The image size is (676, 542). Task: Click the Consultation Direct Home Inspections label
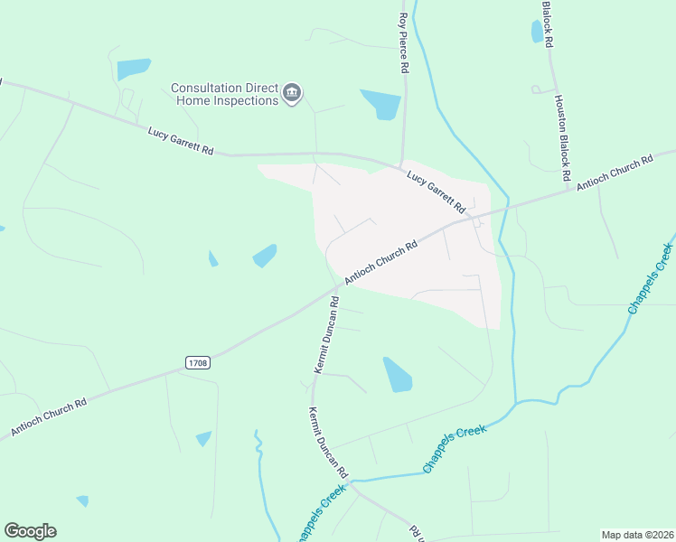click(x=225, y=94)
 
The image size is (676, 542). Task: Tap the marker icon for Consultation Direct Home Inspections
click(x=292, y=94)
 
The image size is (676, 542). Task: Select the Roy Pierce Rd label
click(x=404, y=43)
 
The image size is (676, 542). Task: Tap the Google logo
click(x=30, y=531)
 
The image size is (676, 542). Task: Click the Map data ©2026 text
click(x=637, y=535)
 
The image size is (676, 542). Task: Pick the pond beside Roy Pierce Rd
click(x=381, y=105)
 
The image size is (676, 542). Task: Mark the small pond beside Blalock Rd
click(x=538, y=32)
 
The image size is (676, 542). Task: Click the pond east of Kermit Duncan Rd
click(x=397, y=375)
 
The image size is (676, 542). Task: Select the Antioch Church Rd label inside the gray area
click(x=380, y=263)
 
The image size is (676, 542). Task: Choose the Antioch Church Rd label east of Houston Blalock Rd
click(x=615, y=173)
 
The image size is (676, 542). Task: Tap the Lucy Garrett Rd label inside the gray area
click(x=435, y=189)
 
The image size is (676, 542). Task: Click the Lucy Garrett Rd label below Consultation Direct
click(x=181, y=141)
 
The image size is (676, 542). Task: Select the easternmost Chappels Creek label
click(x=651, y=278)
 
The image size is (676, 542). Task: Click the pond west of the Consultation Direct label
click(x=133, y=69)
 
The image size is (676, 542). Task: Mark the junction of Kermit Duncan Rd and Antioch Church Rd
click(x=335, y=291)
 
